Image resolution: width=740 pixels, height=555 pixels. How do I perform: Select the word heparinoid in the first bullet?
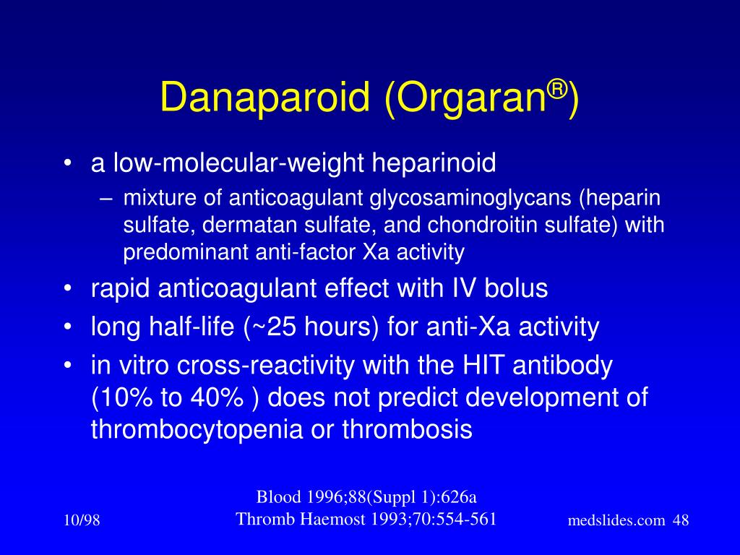coord(434,163)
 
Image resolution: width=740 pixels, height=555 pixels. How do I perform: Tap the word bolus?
coord(514,288)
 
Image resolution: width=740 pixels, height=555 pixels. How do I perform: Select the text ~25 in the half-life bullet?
coord(267,327)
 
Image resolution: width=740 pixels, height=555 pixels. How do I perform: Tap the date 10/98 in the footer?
coord(82,521)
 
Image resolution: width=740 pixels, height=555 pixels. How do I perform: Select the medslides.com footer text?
coord(616,521)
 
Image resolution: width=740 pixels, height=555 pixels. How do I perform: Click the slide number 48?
coord(681,521)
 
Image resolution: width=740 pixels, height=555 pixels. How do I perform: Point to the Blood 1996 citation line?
coord(366,496)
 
